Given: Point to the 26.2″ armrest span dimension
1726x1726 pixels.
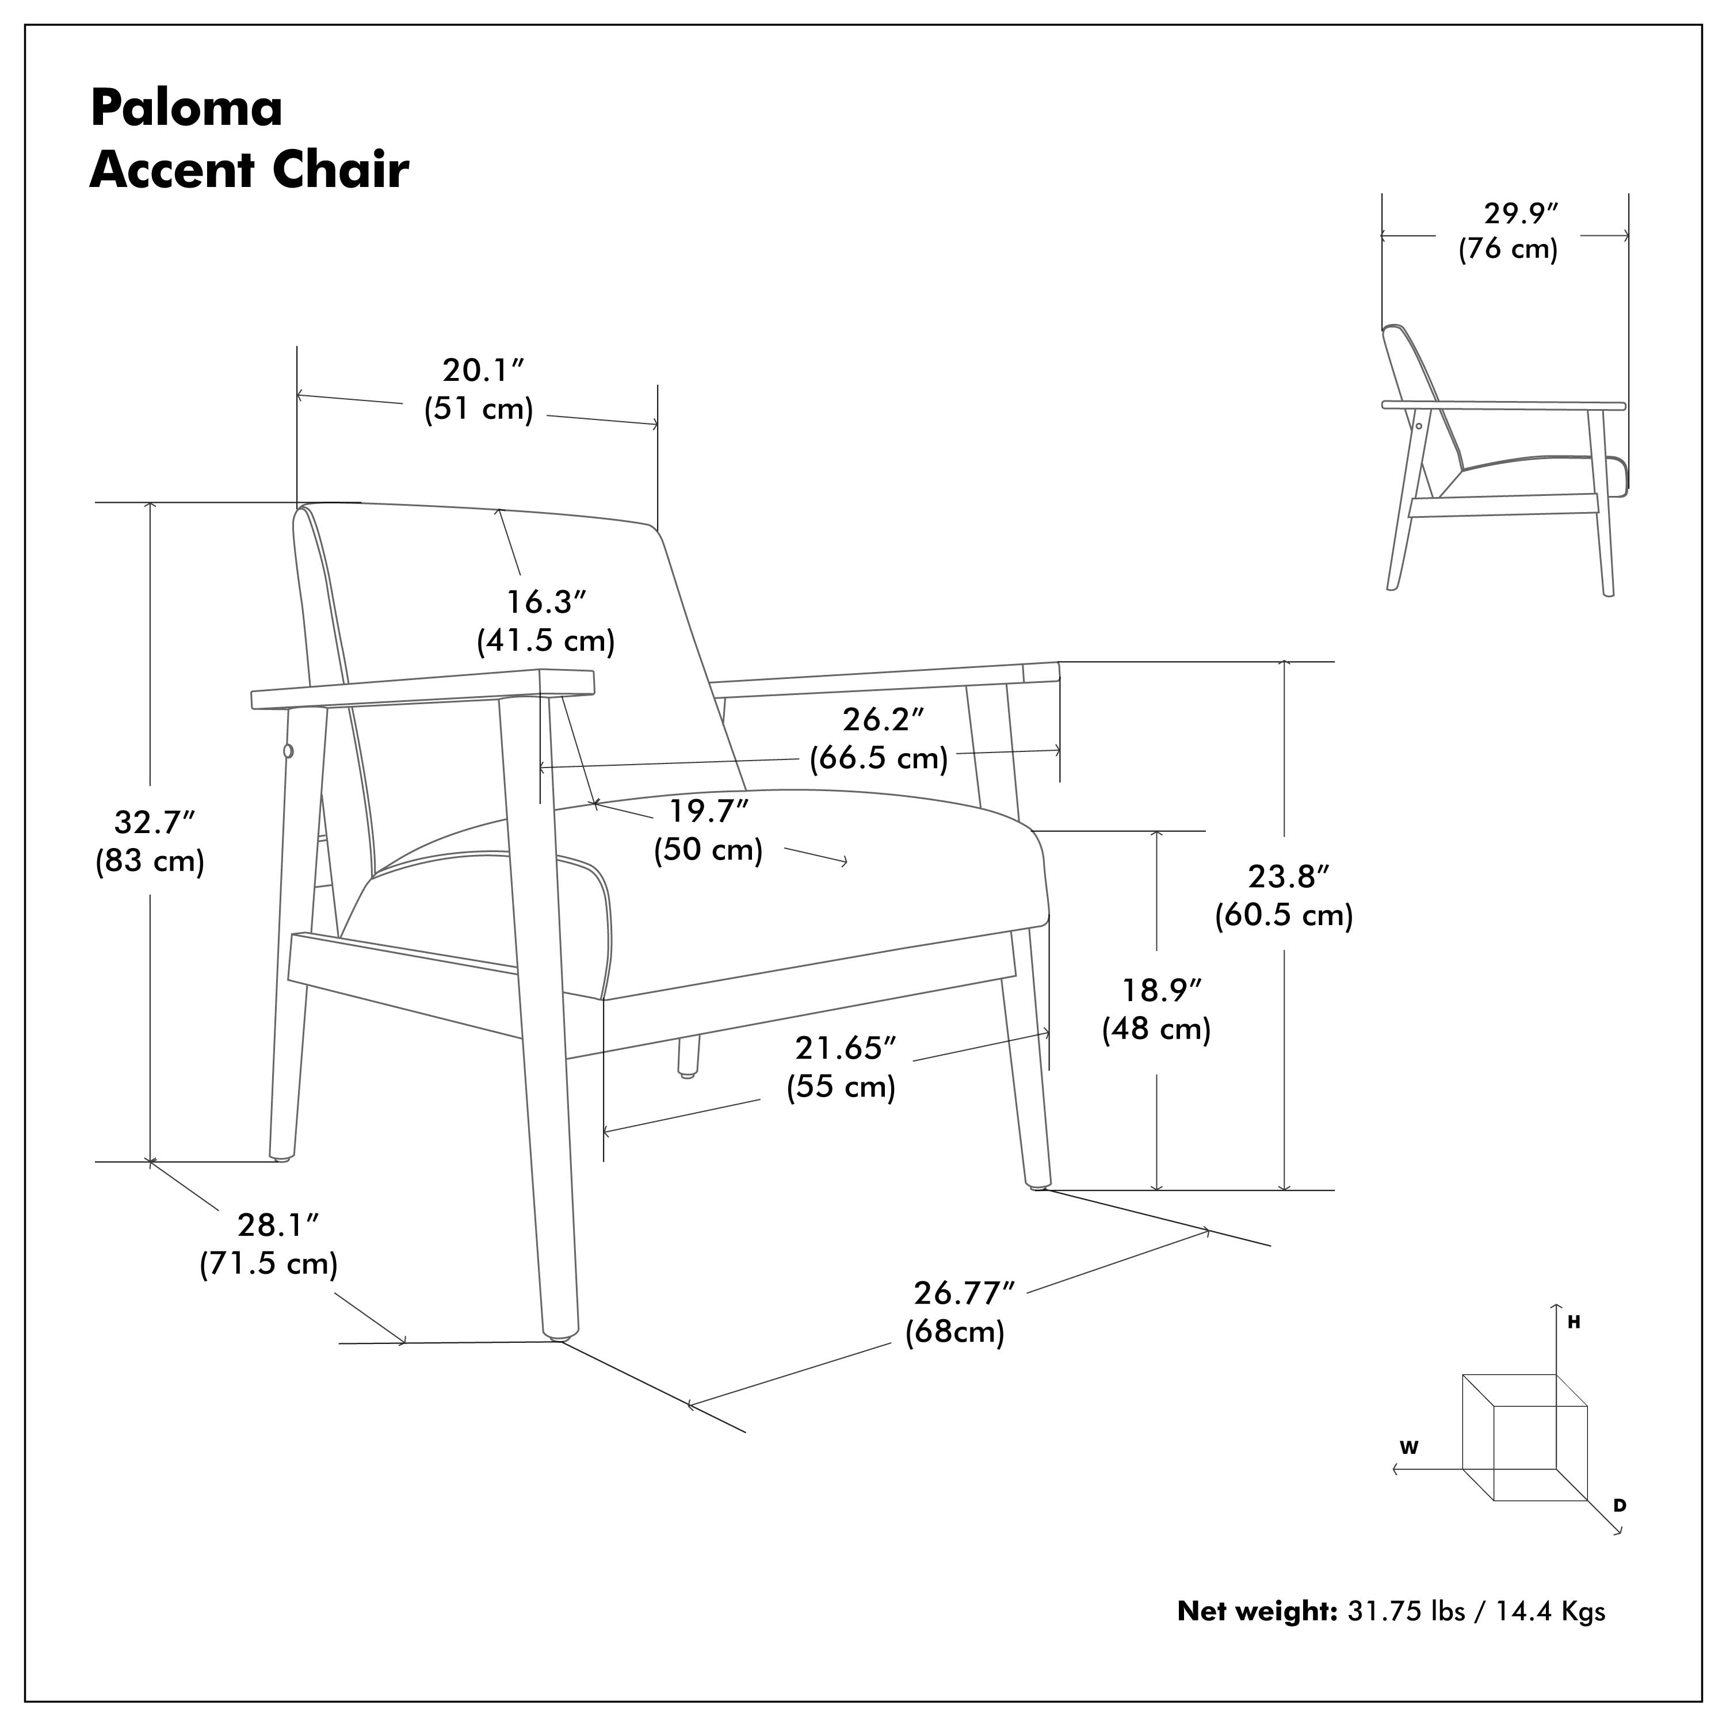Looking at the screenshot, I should pyautogui.click(x=882, y=719).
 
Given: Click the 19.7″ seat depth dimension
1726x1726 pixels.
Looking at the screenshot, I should pyautogui.click(x=708, y=811).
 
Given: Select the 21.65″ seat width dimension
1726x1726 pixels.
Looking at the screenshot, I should pyautogui.click(x=844, y=1048).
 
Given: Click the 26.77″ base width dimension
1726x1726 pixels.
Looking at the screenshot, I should pyautogui.click(x=963, y=1293).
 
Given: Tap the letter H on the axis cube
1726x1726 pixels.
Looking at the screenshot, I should pyautogui.click(x=1574, y=1323).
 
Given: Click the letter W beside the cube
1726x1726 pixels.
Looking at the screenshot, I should pyautogui.click(x=1409, y=1448).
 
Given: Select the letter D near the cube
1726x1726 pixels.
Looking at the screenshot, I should pyautogui.click(x=1620, y=1505).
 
